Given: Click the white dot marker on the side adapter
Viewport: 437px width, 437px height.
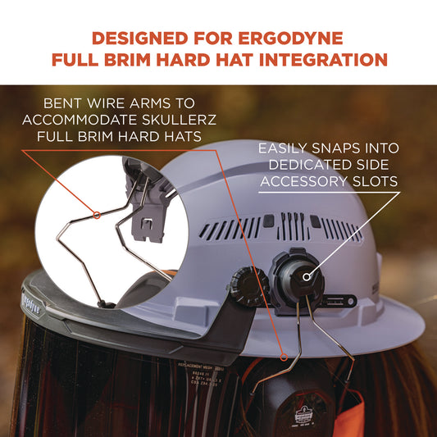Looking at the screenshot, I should pyautogui.click(x=307, y=276).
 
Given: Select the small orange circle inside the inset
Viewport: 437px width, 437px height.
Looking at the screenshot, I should pyautogui.click(x=97, y=216).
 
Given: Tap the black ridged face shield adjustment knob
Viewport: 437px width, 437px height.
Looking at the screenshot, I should pyautogui.click(x=245, y=287).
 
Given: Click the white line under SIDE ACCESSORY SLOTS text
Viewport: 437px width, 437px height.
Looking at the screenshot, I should pyautogui.click(x=328, y=195).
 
